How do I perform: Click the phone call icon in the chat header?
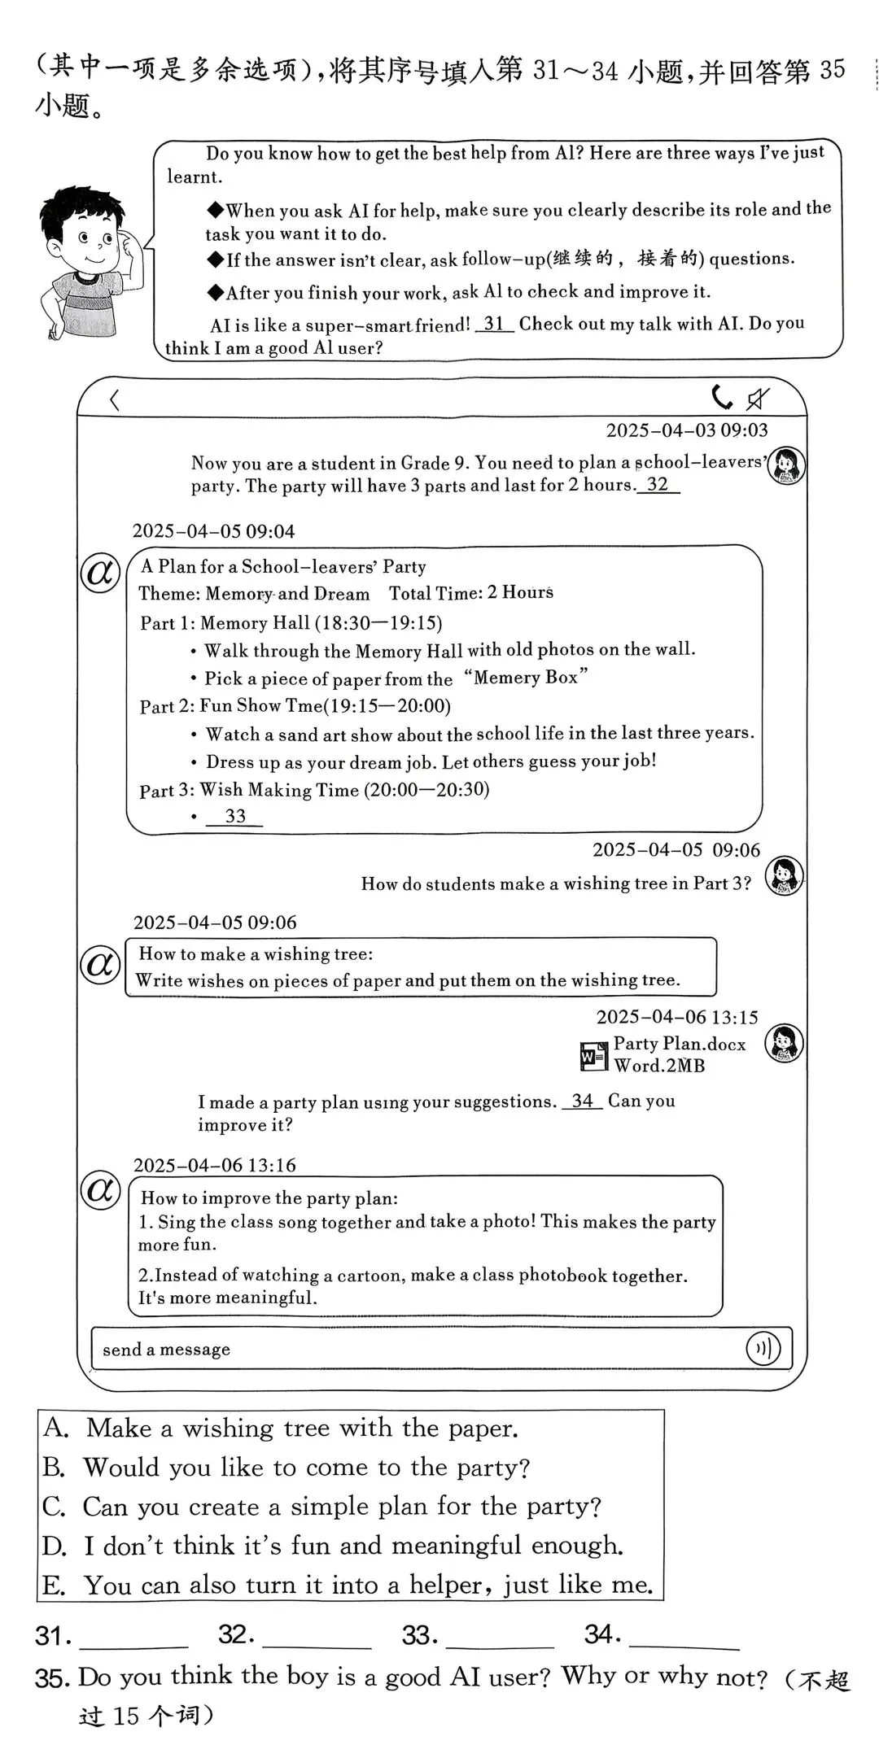pyautogui.click(x=721, y=398)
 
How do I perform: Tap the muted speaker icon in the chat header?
pyautogui.click(x=758, y=399)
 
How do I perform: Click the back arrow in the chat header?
pyautogui.click(x=115, y=399)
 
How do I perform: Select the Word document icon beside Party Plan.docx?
pyautogui.click(x=593, y=1055)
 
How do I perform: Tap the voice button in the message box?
pyautogui.click(x=763, y=1348)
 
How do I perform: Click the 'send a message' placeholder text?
pyautogui.click(x=166, y=1350)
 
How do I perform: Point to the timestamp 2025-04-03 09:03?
pyautogui.click(x=686, y=430)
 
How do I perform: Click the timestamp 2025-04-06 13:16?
pyautogui.click(x=214, y=1165)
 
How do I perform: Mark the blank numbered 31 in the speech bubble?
pyautogui.click(x=494, y=325)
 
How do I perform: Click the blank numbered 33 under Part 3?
pyautogui.click(x=234, y=817)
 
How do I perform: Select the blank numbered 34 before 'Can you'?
pyautogui.click(x=582, y=1101)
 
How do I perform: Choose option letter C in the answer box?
pyautogui.click(x=54, y=1507)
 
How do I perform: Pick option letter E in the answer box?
pyautogui.click(x=53, y=1585)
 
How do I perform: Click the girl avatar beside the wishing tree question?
pyautogui.click(x=785, y=877)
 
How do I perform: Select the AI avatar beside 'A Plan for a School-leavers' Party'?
pyautogui.click(x=100, y=573)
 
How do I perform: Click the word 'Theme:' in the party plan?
pyautogui.click(x=168, y=594)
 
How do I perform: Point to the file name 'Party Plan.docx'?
pyautogui.click(x=679, y=1044)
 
